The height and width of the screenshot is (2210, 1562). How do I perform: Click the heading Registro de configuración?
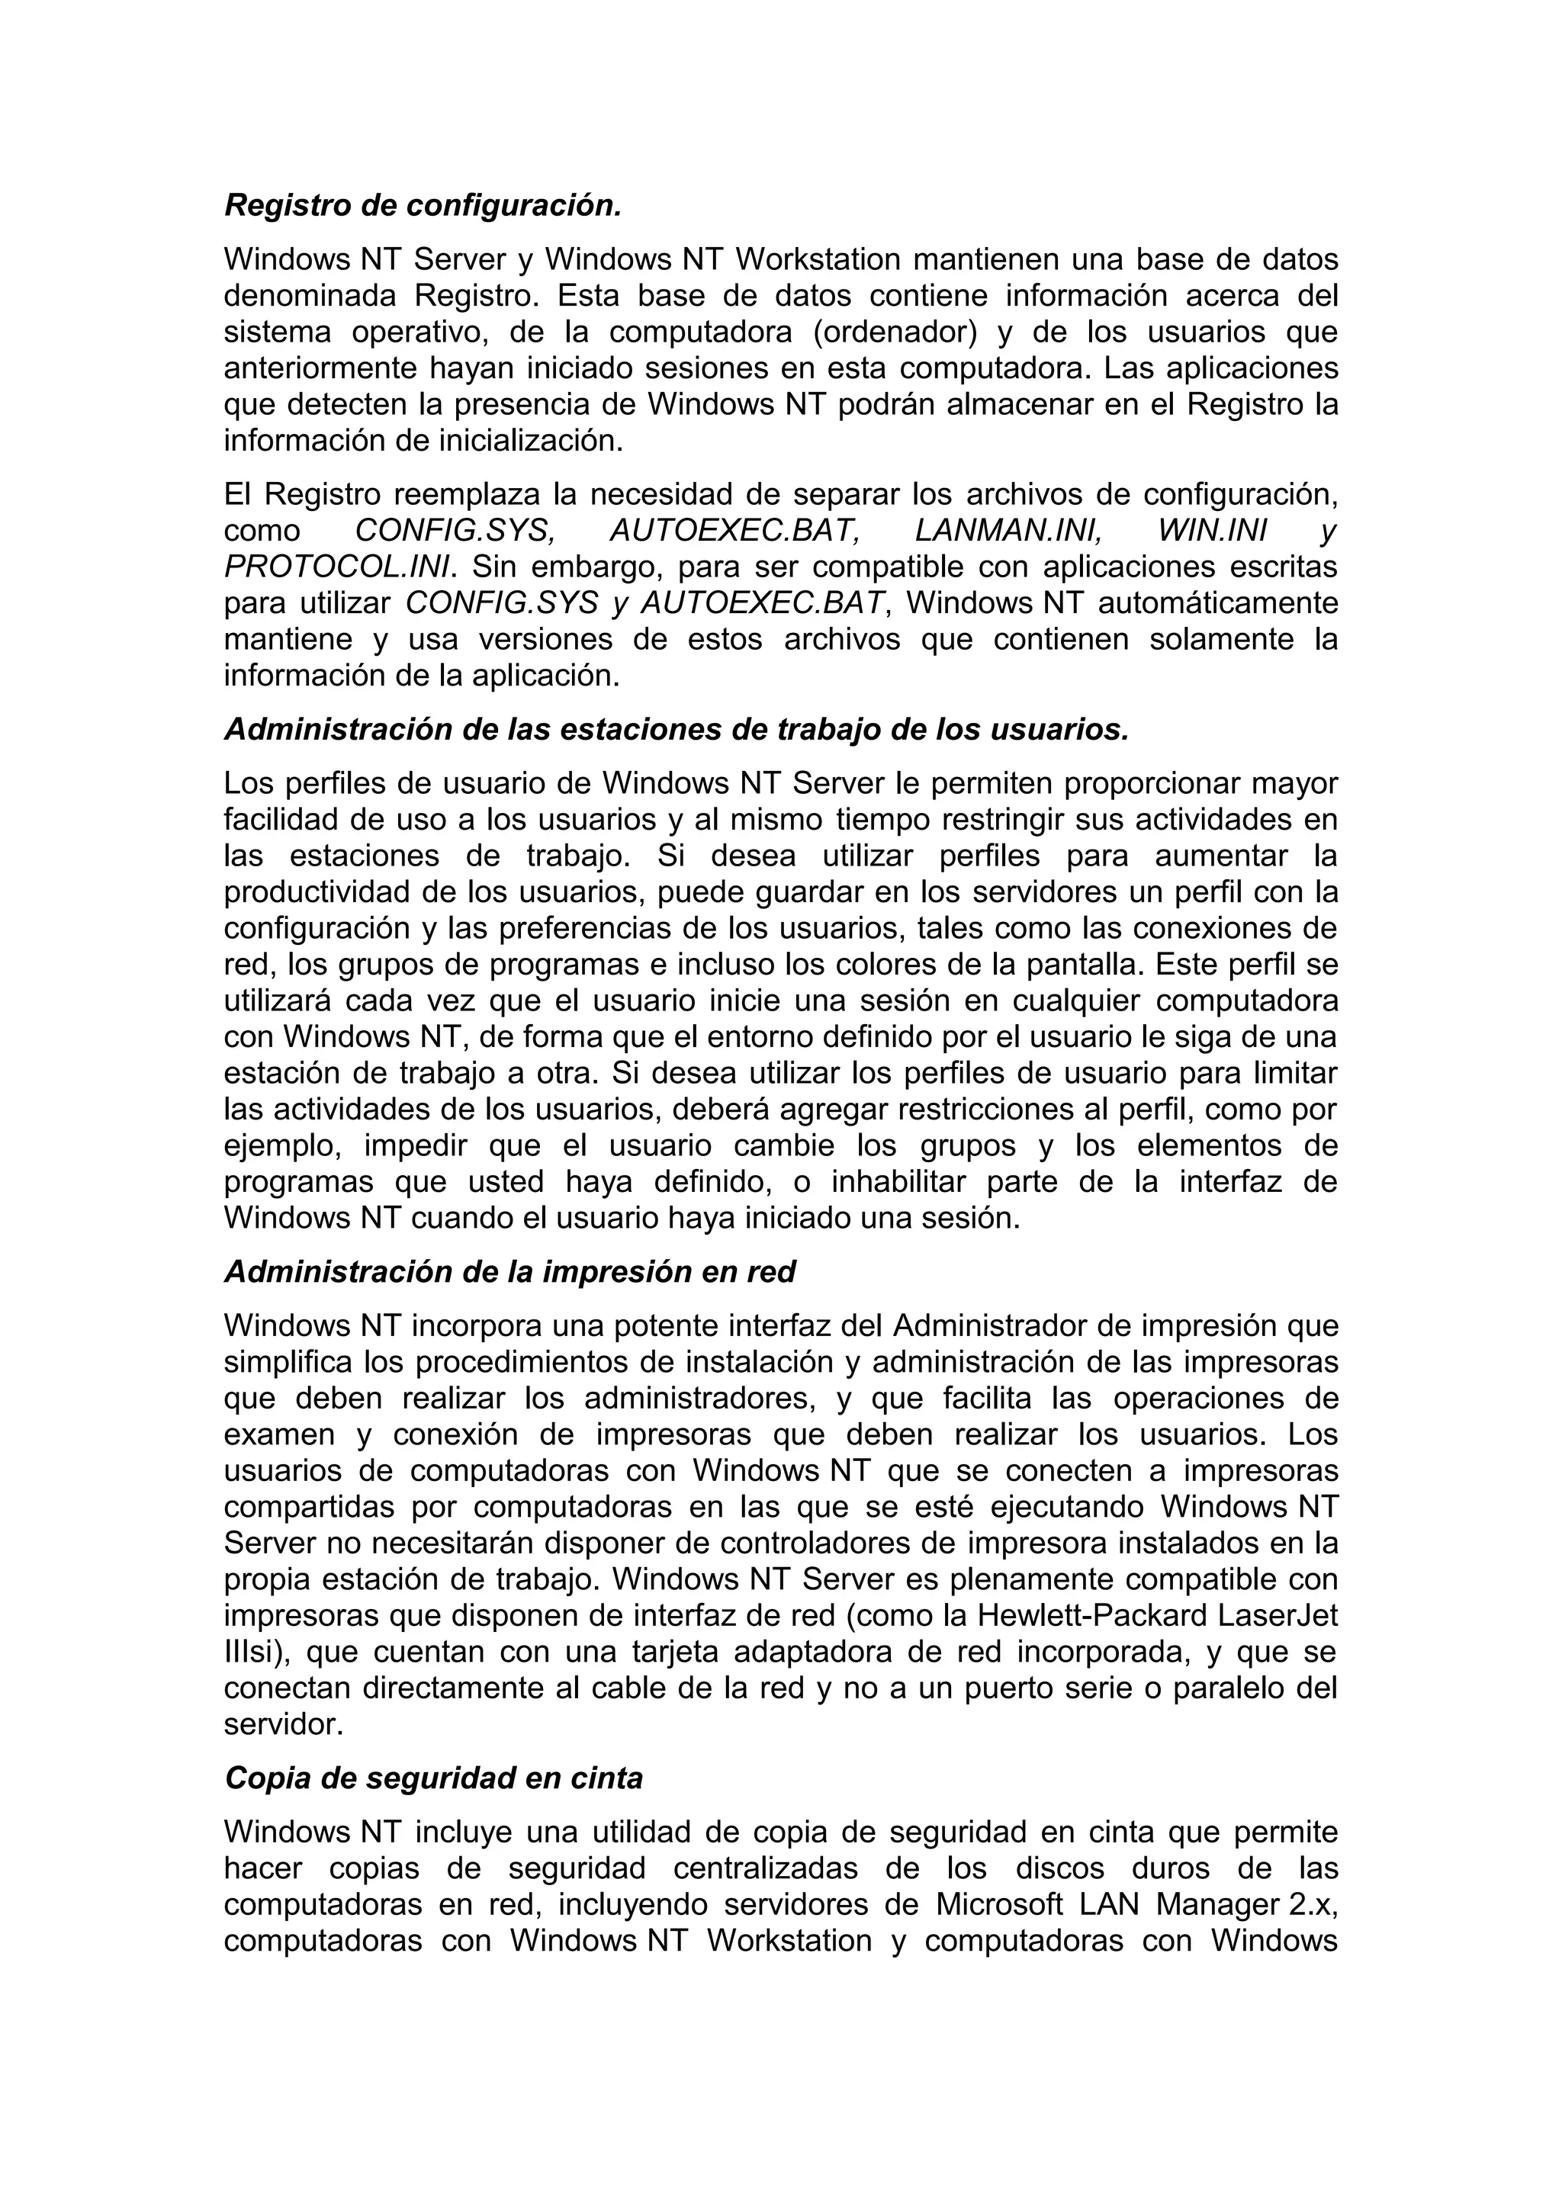423,205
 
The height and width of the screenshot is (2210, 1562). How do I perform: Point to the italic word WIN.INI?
1212,530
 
